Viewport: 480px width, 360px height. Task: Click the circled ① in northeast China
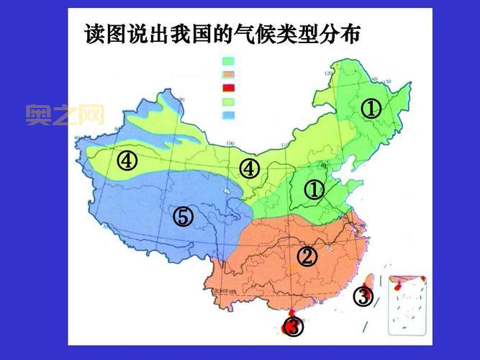[371, 109]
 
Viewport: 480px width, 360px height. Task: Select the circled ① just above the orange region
[314, 190]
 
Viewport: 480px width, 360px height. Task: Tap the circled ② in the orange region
[307, 256]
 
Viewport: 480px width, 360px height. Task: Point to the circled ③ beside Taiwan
[363, 296]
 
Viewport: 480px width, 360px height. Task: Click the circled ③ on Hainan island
[292, 327]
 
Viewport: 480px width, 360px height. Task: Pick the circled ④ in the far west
[127, 161]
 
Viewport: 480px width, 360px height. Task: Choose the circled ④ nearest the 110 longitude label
[249, 168]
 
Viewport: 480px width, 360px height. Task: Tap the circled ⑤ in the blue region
[183, 216]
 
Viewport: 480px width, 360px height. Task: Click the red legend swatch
[229, 87]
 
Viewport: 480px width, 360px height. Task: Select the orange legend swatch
[229, 74]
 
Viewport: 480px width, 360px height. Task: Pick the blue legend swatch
[229, 114]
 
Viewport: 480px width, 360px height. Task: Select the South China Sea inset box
[407, 305]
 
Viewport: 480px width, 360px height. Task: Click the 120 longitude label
[330, 74]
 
